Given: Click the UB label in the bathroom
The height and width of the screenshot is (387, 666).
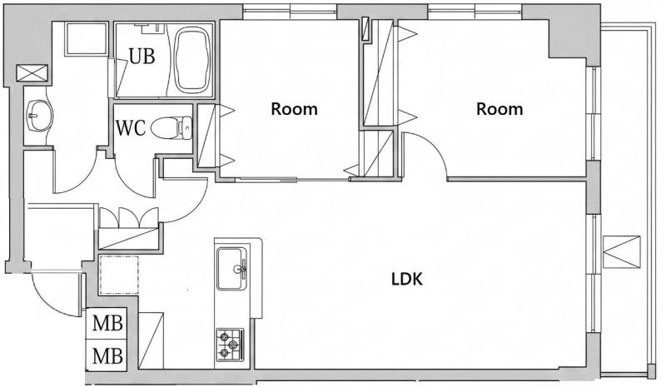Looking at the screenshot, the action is [142, 56].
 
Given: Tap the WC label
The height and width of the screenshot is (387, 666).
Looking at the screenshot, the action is [131, 128].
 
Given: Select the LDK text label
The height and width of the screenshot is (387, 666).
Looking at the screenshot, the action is [406, 280].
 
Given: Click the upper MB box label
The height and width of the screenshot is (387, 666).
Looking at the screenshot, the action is [107, 323].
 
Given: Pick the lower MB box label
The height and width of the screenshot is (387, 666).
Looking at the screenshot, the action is [107, 355].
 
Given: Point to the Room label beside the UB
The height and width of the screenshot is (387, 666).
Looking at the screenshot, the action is [295, 109].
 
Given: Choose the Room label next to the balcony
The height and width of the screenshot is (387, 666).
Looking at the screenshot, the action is [499, 109].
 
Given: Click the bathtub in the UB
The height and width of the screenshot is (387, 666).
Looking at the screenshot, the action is [193, 59].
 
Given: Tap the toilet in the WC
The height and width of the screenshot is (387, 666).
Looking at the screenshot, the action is [171, 128].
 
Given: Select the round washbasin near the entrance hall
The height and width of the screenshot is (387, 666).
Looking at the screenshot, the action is [39, 116].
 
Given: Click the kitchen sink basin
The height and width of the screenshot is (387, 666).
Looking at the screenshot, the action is [231, 269].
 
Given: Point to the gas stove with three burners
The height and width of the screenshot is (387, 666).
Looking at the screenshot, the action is [230, 345].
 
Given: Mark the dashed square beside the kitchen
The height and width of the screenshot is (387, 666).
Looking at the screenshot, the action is [119, 275].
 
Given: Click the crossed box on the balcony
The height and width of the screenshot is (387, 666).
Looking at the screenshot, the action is [621, 252].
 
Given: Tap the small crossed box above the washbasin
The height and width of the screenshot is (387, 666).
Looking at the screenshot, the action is [32, 73].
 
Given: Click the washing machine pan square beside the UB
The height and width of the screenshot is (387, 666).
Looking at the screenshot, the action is [87, 38].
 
